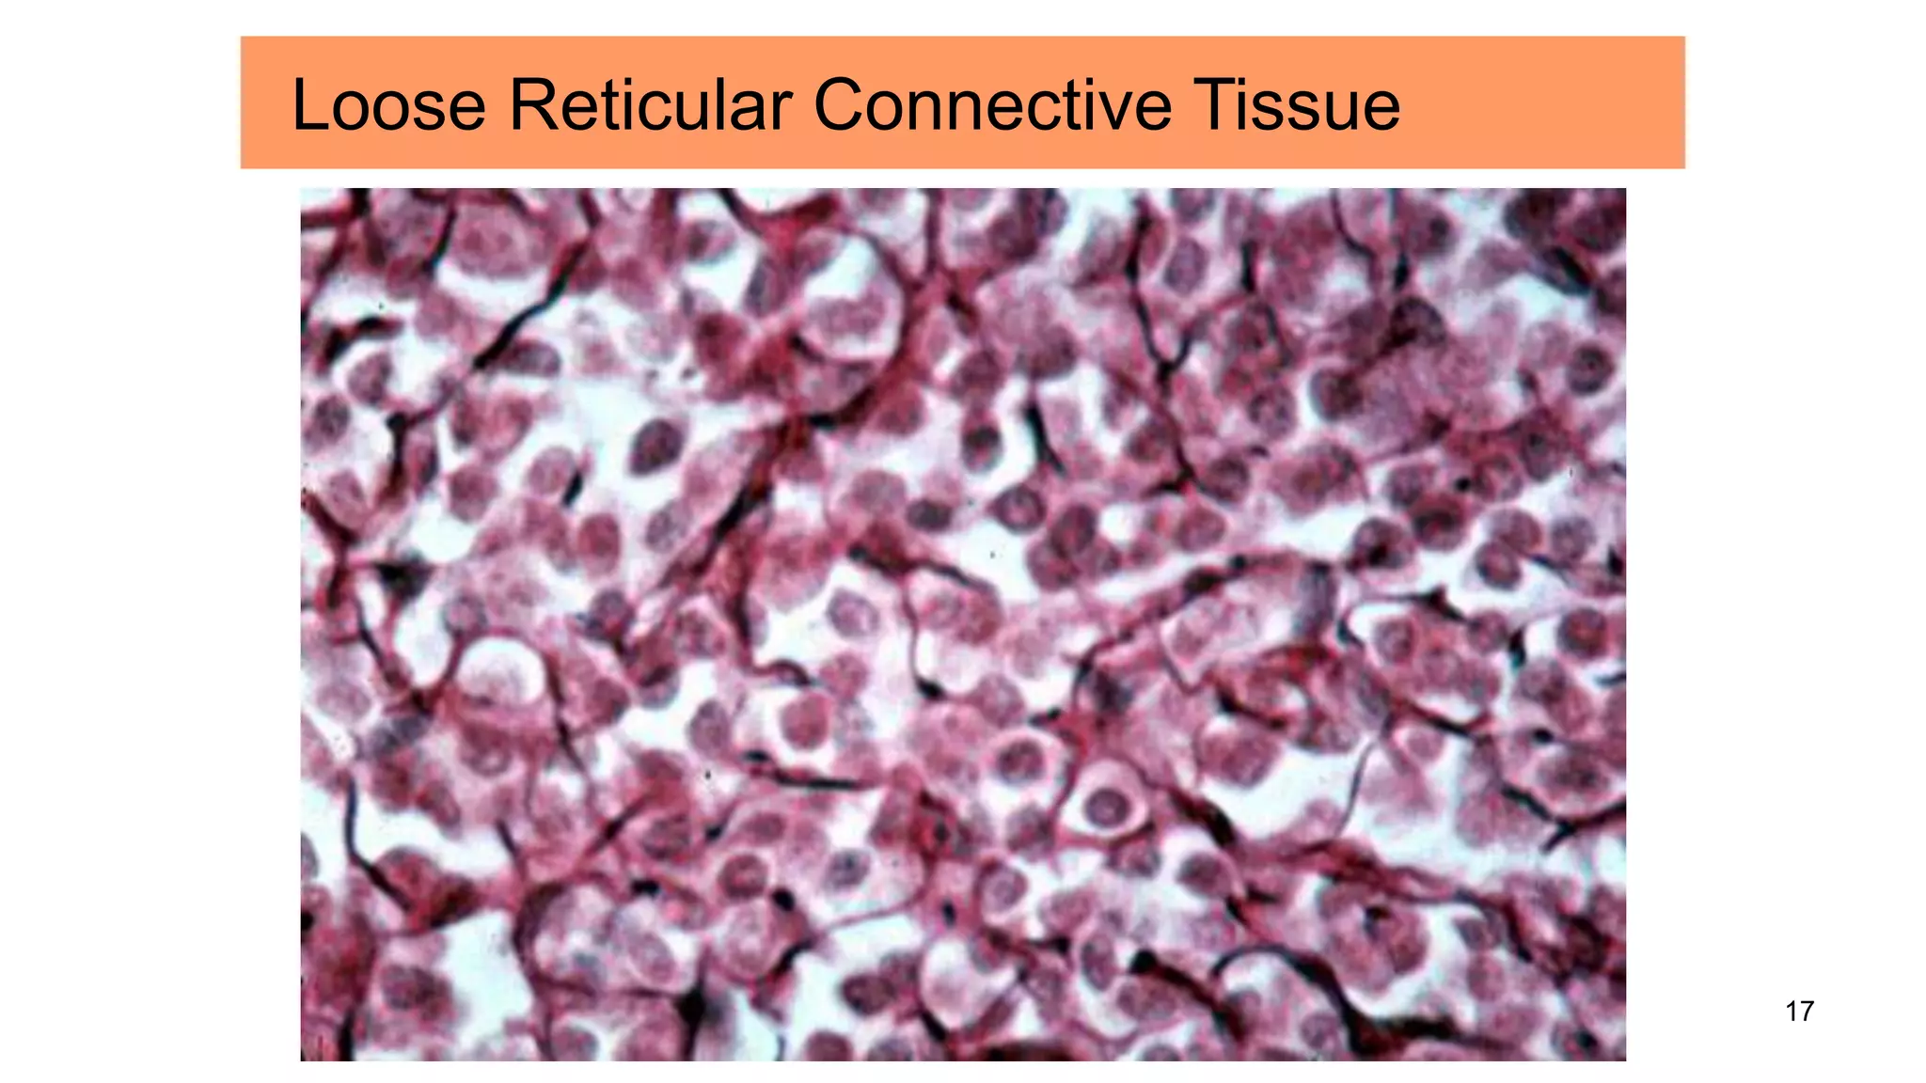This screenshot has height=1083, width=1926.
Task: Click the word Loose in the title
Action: (x=388, y=104)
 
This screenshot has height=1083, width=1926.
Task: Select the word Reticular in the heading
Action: (x=651, y=104)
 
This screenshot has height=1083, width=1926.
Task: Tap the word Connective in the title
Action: (x=992, y=104)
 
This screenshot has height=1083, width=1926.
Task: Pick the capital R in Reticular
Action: (x=530, y=104)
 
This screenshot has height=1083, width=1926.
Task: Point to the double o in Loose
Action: (x=384, y=111)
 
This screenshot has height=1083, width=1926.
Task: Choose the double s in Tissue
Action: (x=1292, y=111)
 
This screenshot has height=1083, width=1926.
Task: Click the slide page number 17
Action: (x=1799, y=1012)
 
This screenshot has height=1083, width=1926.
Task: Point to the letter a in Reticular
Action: (x=758, y=111)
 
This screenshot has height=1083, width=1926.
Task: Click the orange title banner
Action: (x=1542, y=102)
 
